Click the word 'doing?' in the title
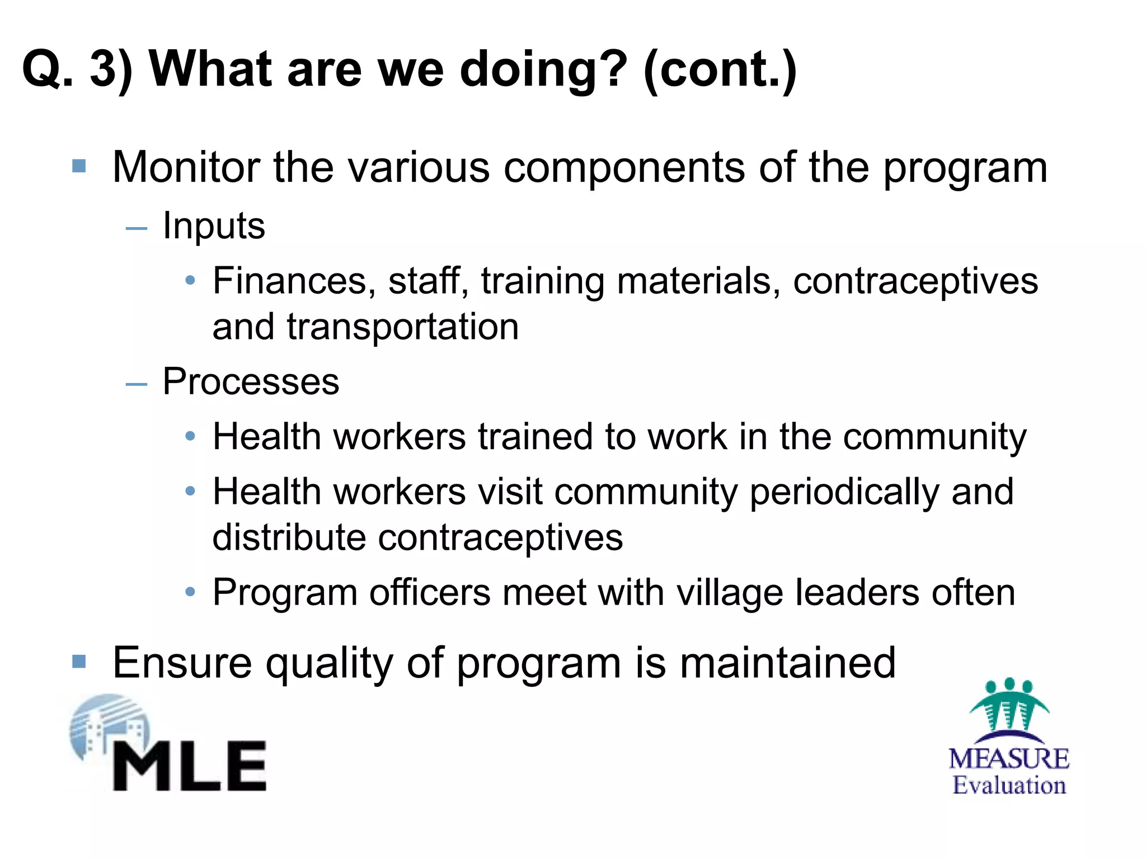(x=541, y=69)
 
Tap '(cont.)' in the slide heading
(x=720, y=69)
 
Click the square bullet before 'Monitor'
(x=79, y=166)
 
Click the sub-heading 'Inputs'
(x=214, y=226)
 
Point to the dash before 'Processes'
(x=137, y=384)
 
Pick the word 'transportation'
(x=403, y=327)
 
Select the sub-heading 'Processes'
(x=251, y=382)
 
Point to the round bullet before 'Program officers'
(x=190, y=592)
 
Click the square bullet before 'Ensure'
(x=79, y=662)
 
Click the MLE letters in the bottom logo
(x=190, y=766)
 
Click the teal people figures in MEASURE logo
(x=1009, y=706)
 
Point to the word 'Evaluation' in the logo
(x=1009, y=785)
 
